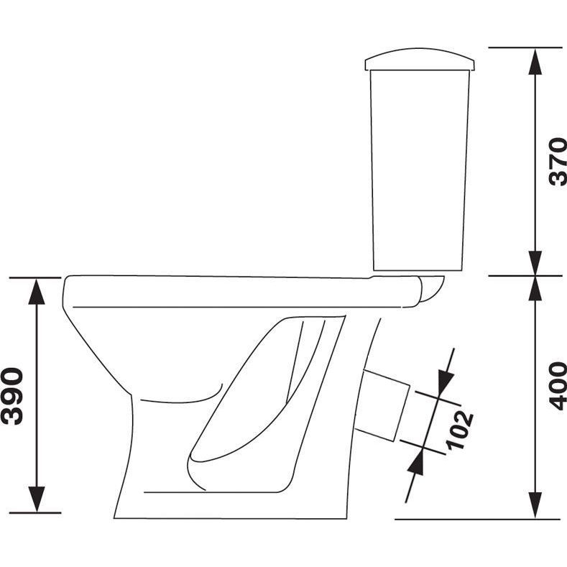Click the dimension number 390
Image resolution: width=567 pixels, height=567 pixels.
pos(13,396)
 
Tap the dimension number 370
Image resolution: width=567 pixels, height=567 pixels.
pos(557,162)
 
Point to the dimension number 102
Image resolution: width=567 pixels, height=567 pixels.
pos(459,430)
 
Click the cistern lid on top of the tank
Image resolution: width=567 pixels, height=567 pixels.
pos(420,60)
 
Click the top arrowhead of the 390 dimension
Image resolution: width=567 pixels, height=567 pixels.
pos(37,291)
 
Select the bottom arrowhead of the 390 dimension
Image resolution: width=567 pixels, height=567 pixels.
pos(37,499)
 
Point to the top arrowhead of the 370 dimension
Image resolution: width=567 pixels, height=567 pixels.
pos(535,61)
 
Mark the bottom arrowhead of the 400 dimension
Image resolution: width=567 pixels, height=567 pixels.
pos(535,505)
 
